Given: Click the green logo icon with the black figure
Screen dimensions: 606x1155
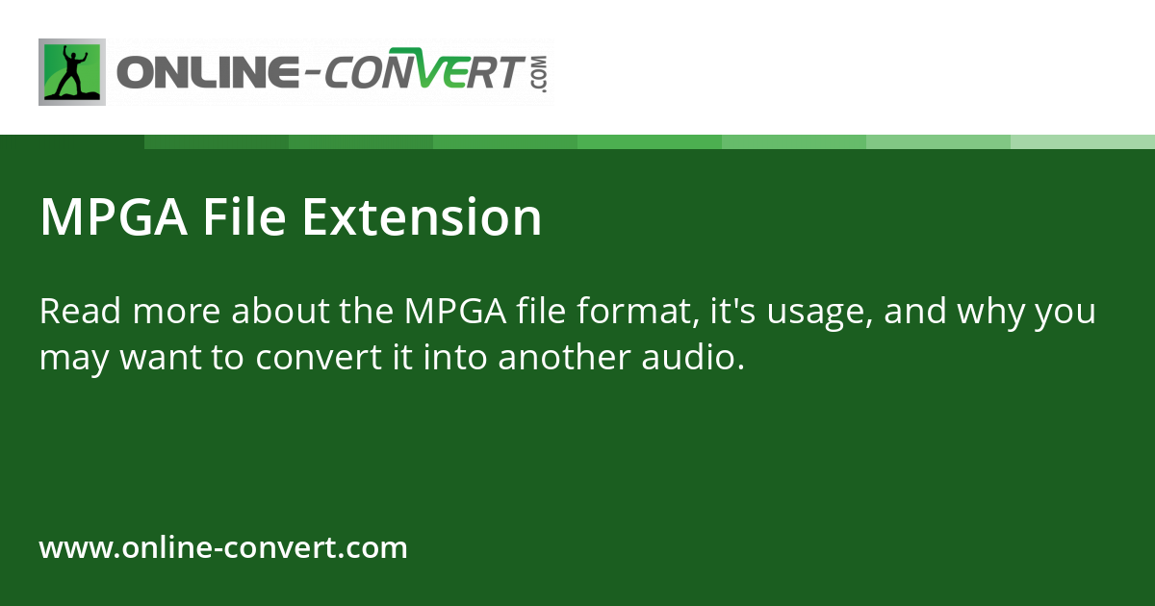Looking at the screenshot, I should click(x=71, y=72).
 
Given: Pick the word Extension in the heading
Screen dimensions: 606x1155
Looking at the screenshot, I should click(x=422, y=218).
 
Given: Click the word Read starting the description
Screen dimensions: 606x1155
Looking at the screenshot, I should click(x=80, y=313).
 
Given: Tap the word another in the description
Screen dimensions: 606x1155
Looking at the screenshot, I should click(x=562, y=358).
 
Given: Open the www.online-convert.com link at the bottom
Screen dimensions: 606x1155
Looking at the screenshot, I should click(x=223, y=548).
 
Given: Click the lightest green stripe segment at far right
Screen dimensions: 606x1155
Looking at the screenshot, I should click(x=1083, y=141).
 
